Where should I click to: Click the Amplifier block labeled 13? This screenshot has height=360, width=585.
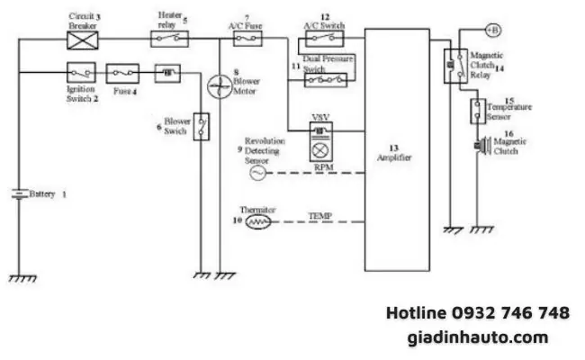(x=396, y=148)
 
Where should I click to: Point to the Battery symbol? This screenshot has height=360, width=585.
(x=19, y=193)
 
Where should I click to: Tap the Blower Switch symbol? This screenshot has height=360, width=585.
(x=202, y=123)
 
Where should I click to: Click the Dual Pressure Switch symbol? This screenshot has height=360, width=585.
(x=325, y=80)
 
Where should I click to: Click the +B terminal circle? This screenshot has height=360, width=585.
(x=492, y=30)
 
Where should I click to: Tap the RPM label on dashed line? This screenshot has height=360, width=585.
(x=325, y=167)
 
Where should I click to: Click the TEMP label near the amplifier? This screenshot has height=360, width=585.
(x=320, y=216)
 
